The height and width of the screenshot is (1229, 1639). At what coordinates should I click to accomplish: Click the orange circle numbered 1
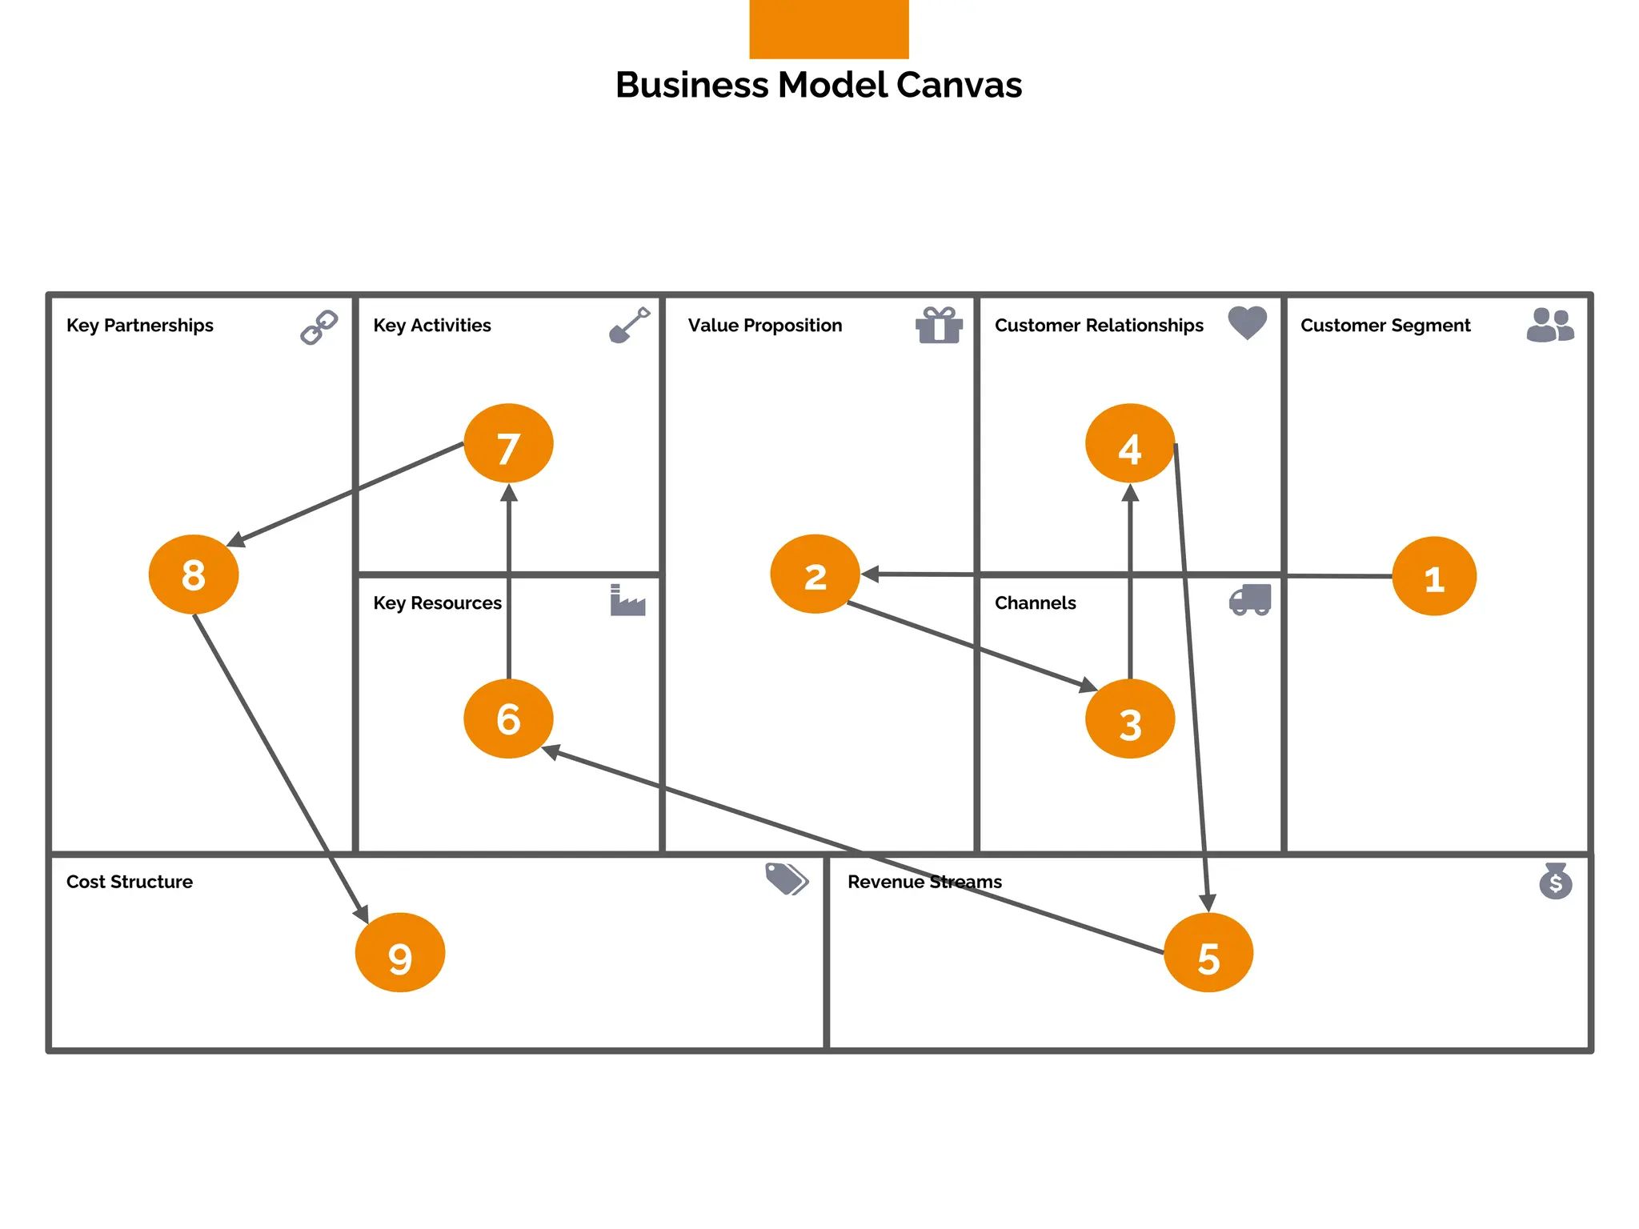pyautogui.click(x=1433, y=576)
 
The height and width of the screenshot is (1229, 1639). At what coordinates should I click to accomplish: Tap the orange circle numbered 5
pyautogui.click(x=1208, y=953)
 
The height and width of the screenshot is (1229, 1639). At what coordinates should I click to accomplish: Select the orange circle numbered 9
pyautogui.click(x=399, y=953)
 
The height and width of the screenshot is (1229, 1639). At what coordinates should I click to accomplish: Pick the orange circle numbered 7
pyautogui.click(x=508, y=443)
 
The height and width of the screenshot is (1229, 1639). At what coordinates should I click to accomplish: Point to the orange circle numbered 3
pyautogui.click(x=1129, y=719)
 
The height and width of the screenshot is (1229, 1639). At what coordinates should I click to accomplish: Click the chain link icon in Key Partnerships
pyautogui.click(x=319, y=326)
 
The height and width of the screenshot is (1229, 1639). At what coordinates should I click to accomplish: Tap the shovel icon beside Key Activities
pyautogui.click(x=629, y=325)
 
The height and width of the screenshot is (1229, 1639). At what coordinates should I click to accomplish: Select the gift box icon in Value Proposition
pyautogui.click(x=938, y=325)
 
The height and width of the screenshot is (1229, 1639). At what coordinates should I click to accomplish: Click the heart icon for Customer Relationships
pyautogui.click(x=1247, y=322)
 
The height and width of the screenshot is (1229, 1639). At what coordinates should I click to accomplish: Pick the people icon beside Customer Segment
pyautogui.click(x=1549, y=325)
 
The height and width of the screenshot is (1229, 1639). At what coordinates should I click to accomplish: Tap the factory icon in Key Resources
pyautogui.click(x=627, y=600)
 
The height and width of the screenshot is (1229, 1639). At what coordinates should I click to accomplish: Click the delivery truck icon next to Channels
pyautogui.click(x=1249, y=600)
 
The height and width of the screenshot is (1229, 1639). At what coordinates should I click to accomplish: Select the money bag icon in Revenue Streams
pyautogui.click(x=1555, y=881)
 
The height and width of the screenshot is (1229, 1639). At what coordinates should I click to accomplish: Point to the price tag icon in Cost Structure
pyautogui.click(x=786, y=879)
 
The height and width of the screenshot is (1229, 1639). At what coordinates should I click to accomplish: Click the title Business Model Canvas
pyautogui.click(x=818, y=85)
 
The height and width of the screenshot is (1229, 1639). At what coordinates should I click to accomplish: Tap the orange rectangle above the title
pyautogui.click(x=828, y=29)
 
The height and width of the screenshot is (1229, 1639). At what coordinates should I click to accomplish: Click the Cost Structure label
pyautogui.click(x=130, y=882)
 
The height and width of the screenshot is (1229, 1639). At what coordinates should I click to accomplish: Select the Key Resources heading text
pyautogui.click(x=437, y=603)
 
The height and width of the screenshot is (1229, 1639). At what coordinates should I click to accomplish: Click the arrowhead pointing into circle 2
pyautogui.click(x=870, y=574)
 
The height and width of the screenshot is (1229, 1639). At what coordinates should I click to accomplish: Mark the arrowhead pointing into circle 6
pyautogui.click(x=551, y=751)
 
